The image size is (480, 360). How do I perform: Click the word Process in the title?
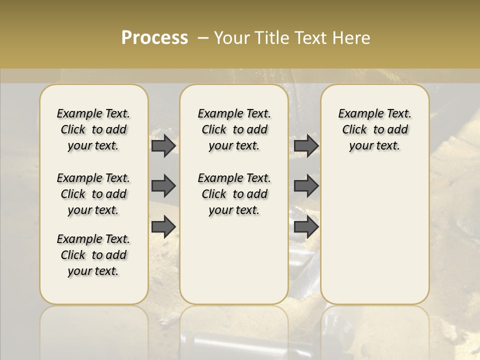154,38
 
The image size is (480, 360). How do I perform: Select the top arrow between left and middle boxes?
163,146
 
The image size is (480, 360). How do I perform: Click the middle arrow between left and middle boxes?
163,186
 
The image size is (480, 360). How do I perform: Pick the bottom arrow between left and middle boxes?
163,227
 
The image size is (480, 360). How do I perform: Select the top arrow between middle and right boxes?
306,146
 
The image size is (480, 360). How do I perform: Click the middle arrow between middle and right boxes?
306,186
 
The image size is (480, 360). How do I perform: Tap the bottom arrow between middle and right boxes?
306,227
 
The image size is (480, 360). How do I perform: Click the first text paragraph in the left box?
93,129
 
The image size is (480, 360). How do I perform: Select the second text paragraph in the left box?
93,194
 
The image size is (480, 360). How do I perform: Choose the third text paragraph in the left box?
93,255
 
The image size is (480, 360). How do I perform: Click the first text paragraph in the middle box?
234,129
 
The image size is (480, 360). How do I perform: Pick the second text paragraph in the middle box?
234,194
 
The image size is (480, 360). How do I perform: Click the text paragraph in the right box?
375,129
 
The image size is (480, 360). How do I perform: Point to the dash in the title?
203,38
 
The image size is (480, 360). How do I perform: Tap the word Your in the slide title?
232,38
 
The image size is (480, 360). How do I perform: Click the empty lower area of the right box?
375,235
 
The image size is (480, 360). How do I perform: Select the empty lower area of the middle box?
234,260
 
